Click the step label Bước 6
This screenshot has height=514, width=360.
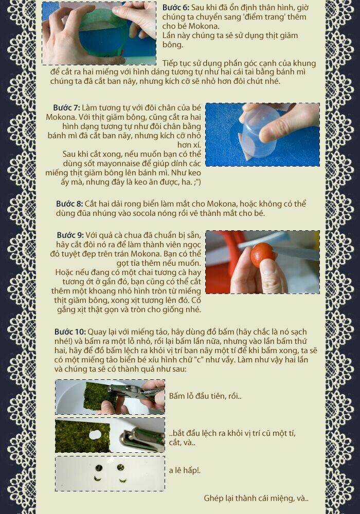point(176,8)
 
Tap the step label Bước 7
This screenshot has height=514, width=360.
point(66,107)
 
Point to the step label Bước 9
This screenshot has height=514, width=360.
point(69,235)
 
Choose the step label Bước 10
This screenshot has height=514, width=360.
point(70,332)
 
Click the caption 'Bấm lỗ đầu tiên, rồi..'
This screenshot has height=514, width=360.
point(205,396)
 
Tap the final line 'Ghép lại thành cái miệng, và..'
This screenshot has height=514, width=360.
point(256,498)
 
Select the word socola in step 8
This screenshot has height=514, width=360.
point(151,213)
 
